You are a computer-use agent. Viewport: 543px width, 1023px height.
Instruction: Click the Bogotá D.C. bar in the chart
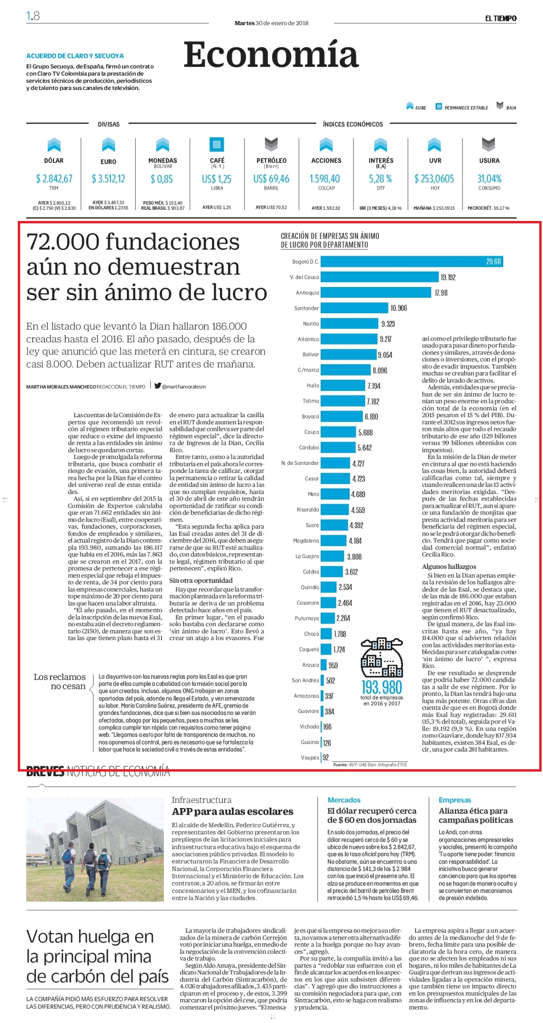coord(412,262)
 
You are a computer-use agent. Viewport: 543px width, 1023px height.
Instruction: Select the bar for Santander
coord(355,308)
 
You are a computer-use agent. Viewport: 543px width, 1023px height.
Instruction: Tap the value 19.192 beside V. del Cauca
coord(448,278)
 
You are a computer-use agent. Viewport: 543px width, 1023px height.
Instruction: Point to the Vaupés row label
coord(310,758)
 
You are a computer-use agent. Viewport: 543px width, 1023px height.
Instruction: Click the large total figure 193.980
coord(382,687)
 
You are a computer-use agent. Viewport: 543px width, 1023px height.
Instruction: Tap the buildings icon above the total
coord(382,657)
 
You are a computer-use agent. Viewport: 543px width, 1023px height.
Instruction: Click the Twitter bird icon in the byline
coord(158,386)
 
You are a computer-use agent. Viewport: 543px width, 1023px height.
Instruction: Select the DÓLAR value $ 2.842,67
coord(54,178)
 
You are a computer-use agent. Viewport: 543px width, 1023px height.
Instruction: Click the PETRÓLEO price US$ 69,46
coord(271,179)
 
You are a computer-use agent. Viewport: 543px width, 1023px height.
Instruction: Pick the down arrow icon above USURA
coord(489,145)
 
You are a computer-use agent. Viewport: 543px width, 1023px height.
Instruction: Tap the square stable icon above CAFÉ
coord(217,144)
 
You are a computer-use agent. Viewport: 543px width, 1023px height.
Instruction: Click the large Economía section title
coord(271,55)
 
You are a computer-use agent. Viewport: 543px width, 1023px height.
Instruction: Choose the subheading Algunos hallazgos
coord(449,567)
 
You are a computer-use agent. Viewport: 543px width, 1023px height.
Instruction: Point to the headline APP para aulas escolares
coord(232,811)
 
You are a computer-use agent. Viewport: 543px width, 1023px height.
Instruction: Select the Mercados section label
coord(344,800)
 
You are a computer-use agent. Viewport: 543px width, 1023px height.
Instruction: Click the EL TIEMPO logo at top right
coord(500,18)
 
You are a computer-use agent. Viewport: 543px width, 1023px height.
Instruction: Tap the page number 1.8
coord(33,16)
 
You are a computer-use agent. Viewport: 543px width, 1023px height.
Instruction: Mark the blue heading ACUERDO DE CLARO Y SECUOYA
coord(75,56)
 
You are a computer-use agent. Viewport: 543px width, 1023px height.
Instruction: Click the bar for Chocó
coord(327,634)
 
